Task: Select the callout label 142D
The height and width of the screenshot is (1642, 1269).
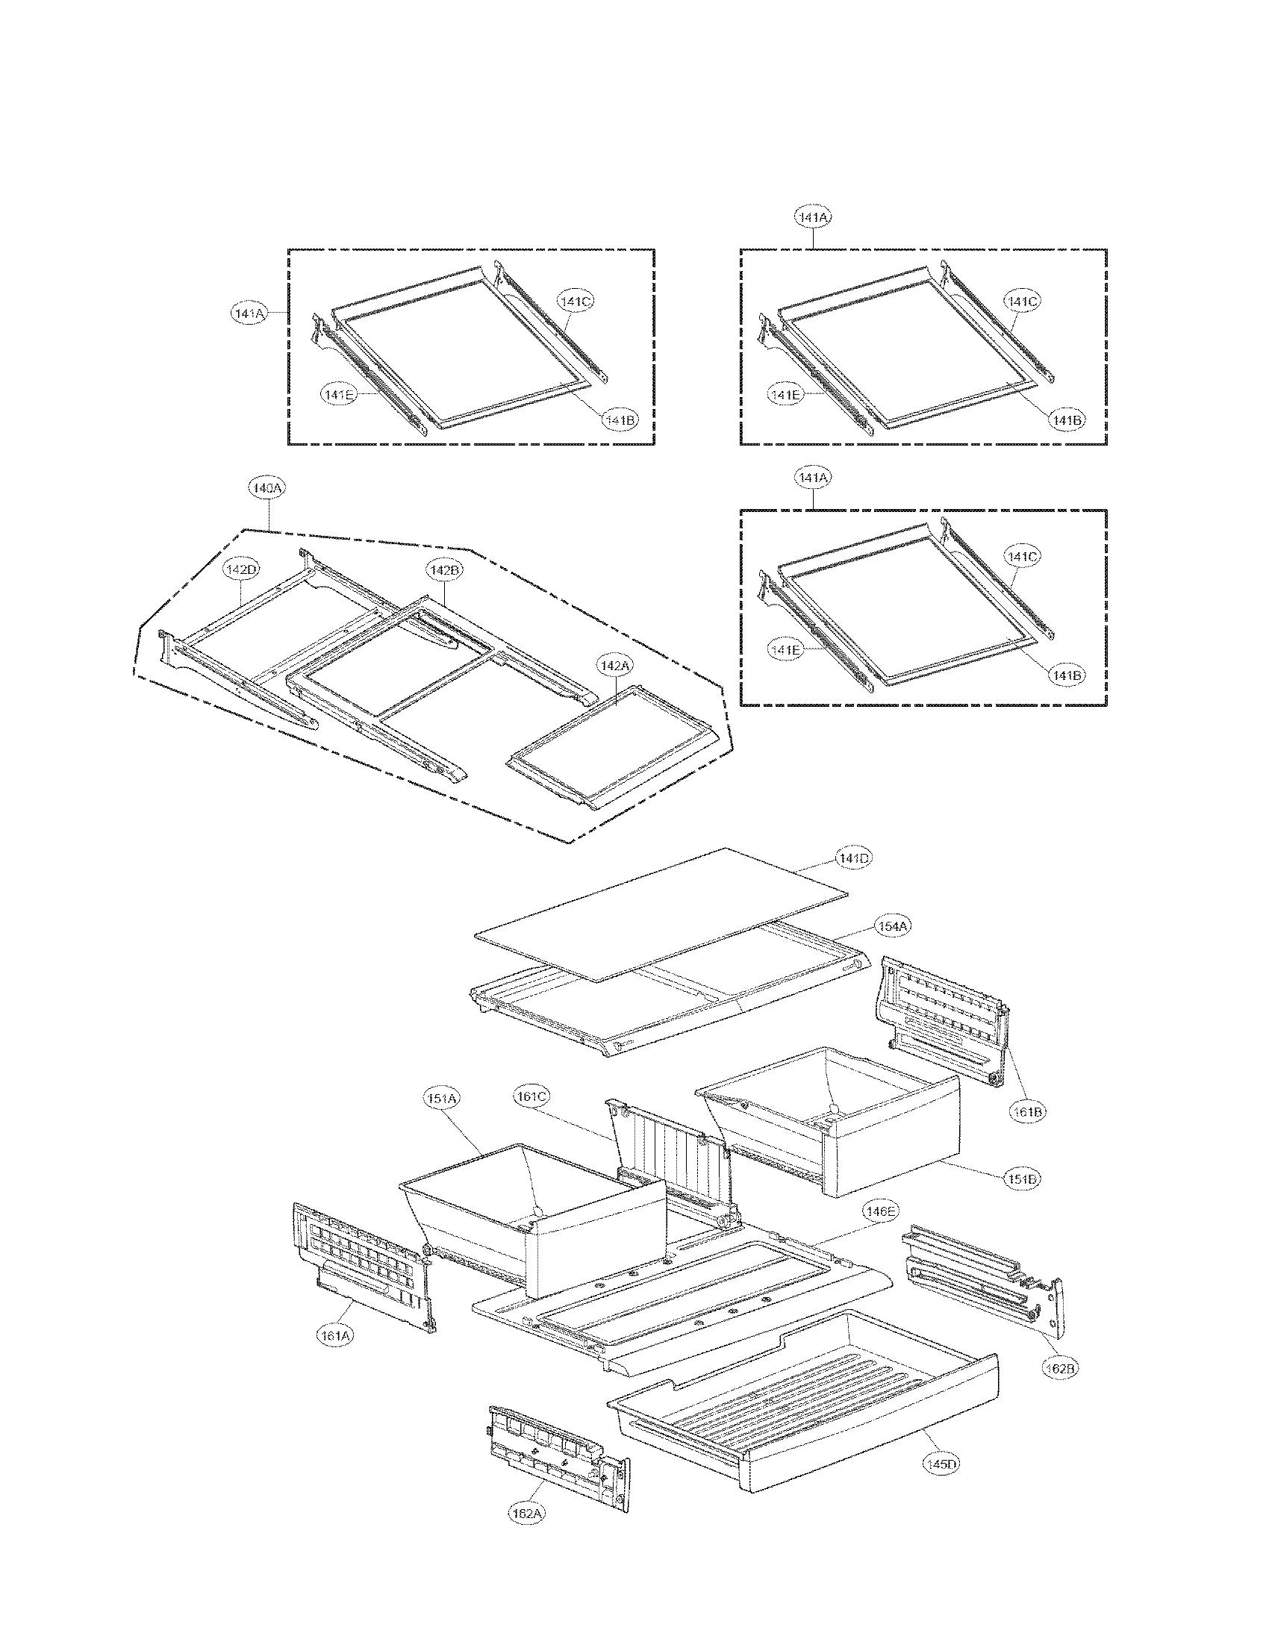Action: tap(240, 570)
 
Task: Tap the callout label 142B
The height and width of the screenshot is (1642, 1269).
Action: tap(444, 571)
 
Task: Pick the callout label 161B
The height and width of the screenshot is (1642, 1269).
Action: tap(1027, 1111)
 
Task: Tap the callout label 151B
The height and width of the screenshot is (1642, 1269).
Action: tap(1023, 1179)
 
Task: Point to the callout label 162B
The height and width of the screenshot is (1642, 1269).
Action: tap(1060, 1369)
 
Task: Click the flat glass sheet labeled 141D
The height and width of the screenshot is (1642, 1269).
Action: tap(661, 914)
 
